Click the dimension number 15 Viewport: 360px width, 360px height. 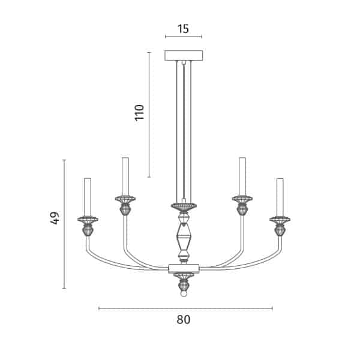point(183,29)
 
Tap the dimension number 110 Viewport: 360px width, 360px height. point(139,113)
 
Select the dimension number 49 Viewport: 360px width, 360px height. point(55,218)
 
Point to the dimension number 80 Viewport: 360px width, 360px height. point(184,319)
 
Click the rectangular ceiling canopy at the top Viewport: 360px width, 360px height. point(184,56)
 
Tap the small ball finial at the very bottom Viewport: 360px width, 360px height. point(184,294)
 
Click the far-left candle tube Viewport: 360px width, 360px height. point(88,197)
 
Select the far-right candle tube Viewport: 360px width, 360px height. point(280,197)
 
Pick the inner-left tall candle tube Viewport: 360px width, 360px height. point(125,176)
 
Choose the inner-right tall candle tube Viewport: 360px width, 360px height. point(242,176)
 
